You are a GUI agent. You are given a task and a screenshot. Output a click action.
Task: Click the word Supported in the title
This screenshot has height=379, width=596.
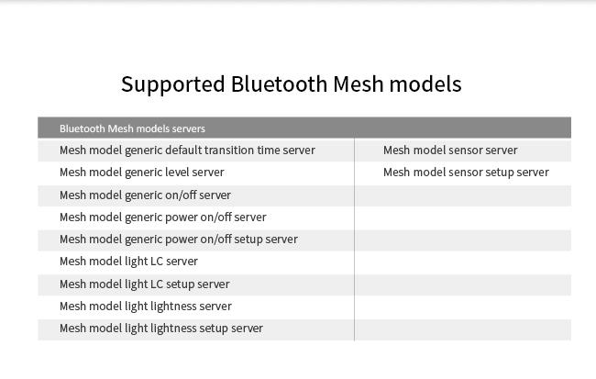(173, 84)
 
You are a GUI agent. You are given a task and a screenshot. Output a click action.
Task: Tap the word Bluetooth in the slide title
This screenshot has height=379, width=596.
(279, 84)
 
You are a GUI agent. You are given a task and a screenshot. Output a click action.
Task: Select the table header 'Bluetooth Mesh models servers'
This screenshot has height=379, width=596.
(132, 128)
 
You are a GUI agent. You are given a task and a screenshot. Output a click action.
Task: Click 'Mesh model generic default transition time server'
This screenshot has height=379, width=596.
(187, 150)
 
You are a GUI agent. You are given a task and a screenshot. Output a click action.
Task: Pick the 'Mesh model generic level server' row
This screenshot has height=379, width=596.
(142, 173)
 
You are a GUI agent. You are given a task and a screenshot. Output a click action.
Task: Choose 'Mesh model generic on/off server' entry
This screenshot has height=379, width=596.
(145, 195)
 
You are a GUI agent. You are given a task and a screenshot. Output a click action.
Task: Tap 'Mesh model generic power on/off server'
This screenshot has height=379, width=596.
(162, 217)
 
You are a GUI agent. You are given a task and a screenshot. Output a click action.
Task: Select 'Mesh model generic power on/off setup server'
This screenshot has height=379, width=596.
(179, 240)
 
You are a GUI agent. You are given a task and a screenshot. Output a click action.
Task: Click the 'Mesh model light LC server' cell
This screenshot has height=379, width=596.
(128, 262)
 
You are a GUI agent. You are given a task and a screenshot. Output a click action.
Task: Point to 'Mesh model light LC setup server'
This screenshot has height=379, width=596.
(145, 284)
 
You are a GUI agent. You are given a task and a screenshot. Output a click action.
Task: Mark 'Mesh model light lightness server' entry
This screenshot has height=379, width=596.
(146, 307)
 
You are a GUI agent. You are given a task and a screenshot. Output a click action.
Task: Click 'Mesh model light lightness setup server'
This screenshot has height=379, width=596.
(161, 329)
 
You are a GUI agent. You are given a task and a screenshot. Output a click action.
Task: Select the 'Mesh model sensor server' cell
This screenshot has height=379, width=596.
(450, 150)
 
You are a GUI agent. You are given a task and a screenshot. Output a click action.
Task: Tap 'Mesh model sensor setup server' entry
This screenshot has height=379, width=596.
(466, 173)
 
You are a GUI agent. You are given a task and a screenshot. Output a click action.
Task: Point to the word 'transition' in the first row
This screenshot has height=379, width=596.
(228, 150)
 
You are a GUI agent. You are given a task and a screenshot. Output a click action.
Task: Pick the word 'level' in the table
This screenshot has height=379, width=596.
(176, 173)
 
